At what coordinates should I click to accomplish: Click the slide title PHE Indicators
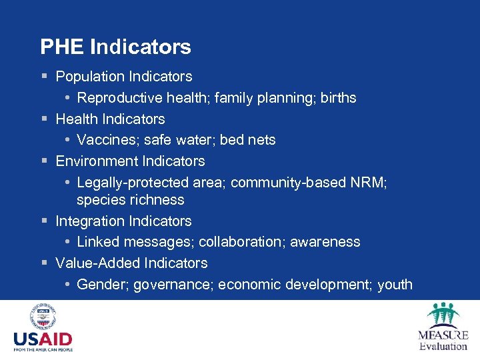115,47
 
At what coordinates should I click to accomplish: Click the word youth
395,285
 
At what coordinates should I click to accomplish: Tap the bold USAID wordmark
43,339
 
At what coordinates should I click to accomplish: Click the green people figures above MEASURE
443,313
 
